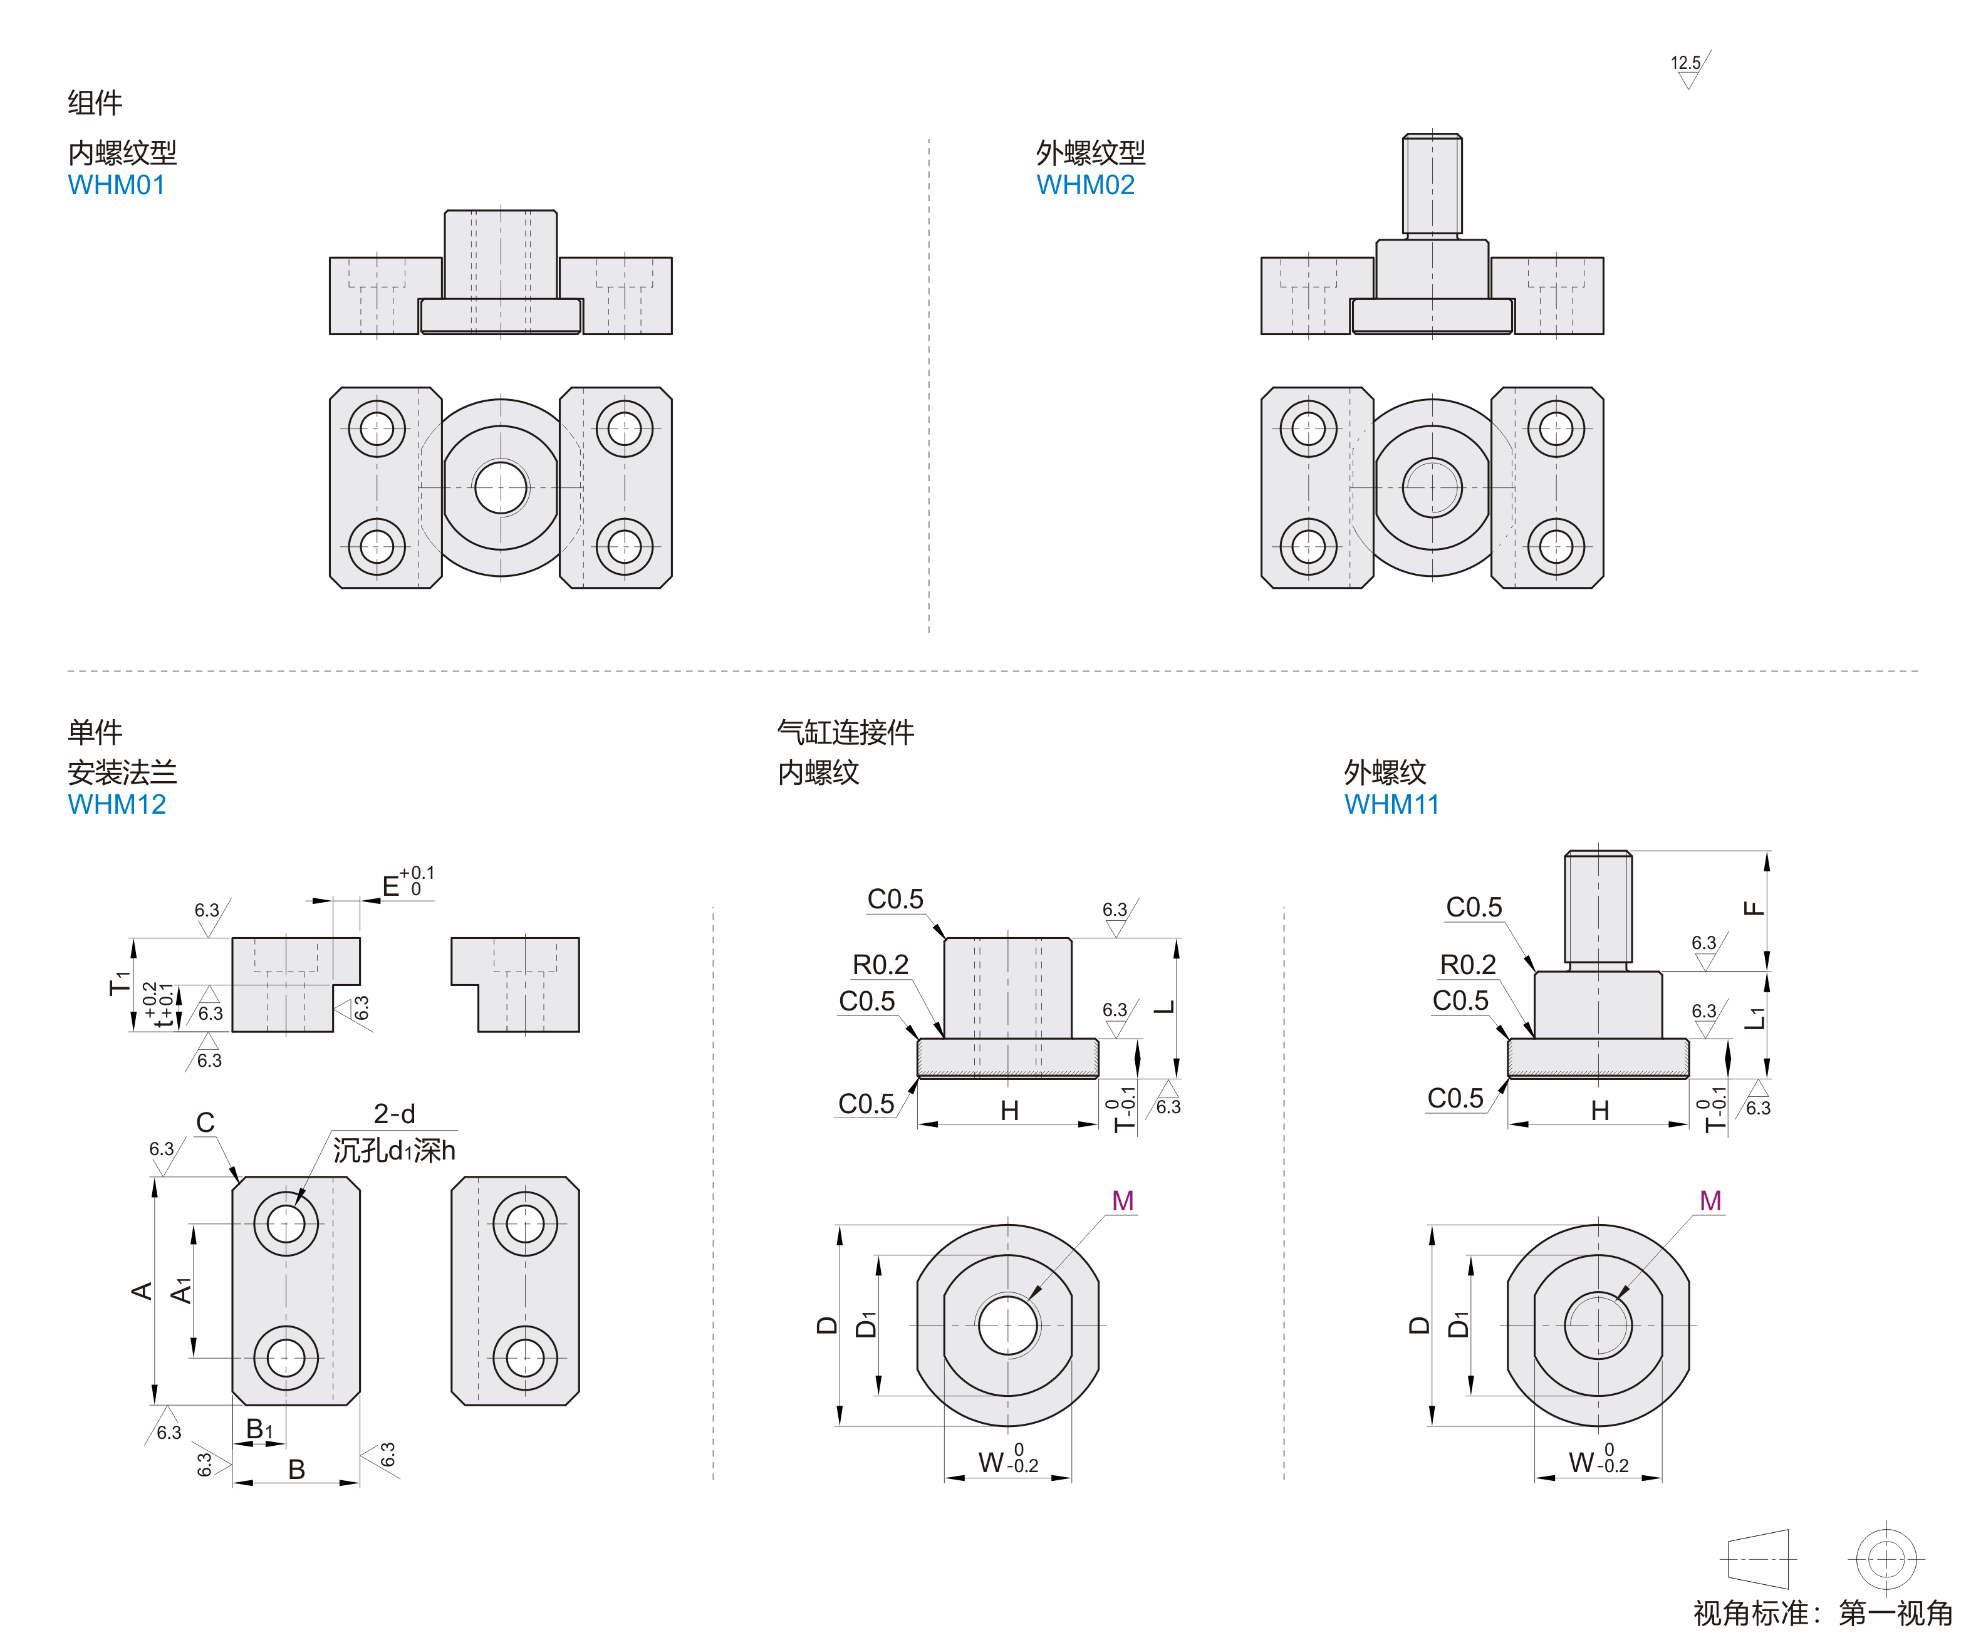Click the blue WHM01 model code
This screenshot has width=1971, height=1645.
pos(117,185)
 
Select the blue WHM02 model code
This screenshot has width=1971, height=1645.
pos(1085,185)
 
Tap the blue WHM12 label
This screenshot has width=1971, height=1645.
pos(117,804)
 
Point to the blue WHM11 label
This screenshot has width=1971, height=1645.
pos(1391,804)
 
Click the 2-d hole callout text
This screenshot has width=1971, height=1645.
pos(394,1114)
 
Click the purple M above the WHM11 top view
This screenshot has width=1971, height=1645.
pos(1710,1201)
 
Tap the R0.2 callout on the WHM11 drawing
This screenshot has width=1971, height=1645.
pos(1467,965)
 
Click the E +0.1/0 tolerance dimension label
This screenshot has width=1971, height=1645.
pos(407,884)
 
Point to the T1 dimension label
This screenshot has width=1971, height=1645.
pos(119,982)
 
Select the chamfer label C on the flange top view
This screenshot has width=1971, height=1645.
pos(205,1123)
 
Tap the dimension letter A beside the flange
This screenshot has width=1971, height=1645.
pos(142,1291)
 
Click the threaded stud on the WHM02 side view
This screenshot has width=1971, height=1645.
pos(1432,184)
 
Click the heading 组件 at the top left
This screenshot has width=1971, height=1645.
pos(95,102)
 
